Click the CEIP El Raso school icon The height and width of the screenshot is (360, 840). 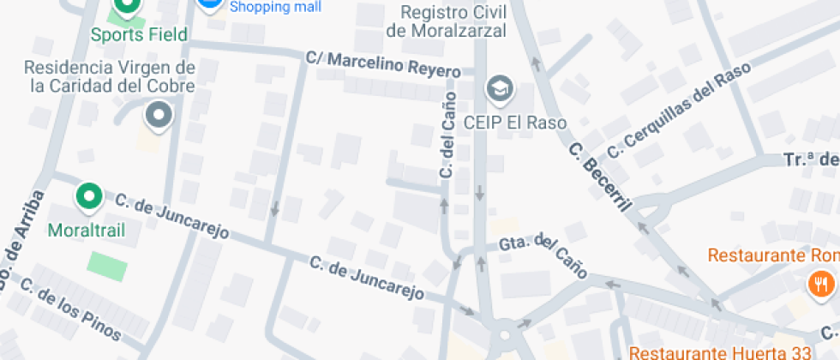(497, 87)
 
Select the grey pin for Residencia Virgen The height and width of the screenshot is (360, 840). (159, 115)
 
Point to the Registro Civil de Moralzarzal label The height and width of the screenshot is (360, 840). (447, 21)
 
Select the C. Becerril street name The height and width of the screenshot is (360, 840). (601, 175)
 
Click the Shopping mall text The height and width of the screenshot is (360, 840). (276, 7)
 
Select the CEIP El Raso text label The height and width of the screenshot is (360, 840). (515, 123)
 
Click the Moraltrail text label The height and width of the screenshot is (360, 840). (87, 231)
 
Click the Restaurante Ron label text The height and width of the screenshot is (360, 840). (772, 255)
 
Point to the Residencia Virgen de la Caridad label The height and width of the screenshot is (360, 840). (110, 76)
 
